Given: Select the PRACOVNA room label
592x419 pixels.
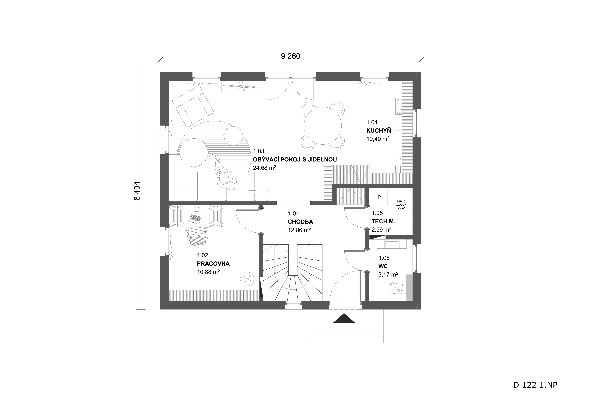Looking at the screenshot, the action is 213,264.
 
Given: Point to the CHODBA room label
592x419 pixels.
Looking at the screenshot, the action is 300,222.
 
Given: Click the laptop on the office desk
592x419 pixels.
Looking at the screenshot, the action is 195,219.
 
